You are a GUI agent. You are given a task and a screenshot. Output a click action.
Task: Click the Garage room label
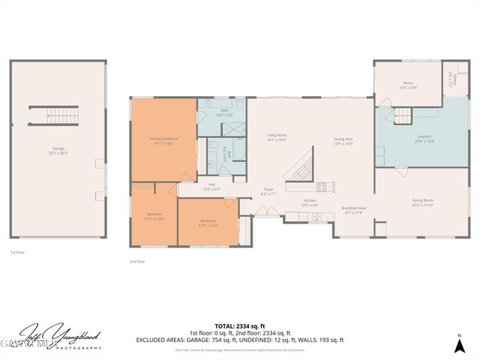(58, 151)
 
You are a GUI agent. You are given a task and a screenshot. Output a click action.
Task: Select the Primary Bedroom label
(163, 140)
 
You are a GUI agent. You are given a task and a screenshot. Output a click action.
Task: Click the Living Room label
(277, 137)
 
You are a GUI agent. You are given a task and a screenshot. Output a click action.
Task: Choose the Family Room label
(423, 202)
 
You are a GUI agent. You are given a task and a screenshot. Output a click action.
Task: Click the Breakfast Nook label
(354, 211)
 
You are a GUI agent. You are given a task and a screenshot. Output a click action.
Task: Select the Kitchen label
(310, 202)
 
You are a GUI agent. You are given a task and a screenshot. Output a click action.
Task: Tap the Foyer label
(268, 191)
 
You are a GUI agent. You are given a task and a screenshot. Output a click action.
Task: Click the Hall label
(211, 186)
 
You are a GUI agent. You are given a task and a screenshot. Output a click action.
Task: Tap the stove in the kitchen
(321, 187)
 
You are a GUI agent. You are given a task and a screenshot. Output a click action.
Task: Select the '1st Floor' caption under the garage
(19, 253)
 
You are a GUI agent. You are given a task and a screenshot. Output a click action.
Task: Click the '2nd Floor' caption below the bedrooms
(137, 262)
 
